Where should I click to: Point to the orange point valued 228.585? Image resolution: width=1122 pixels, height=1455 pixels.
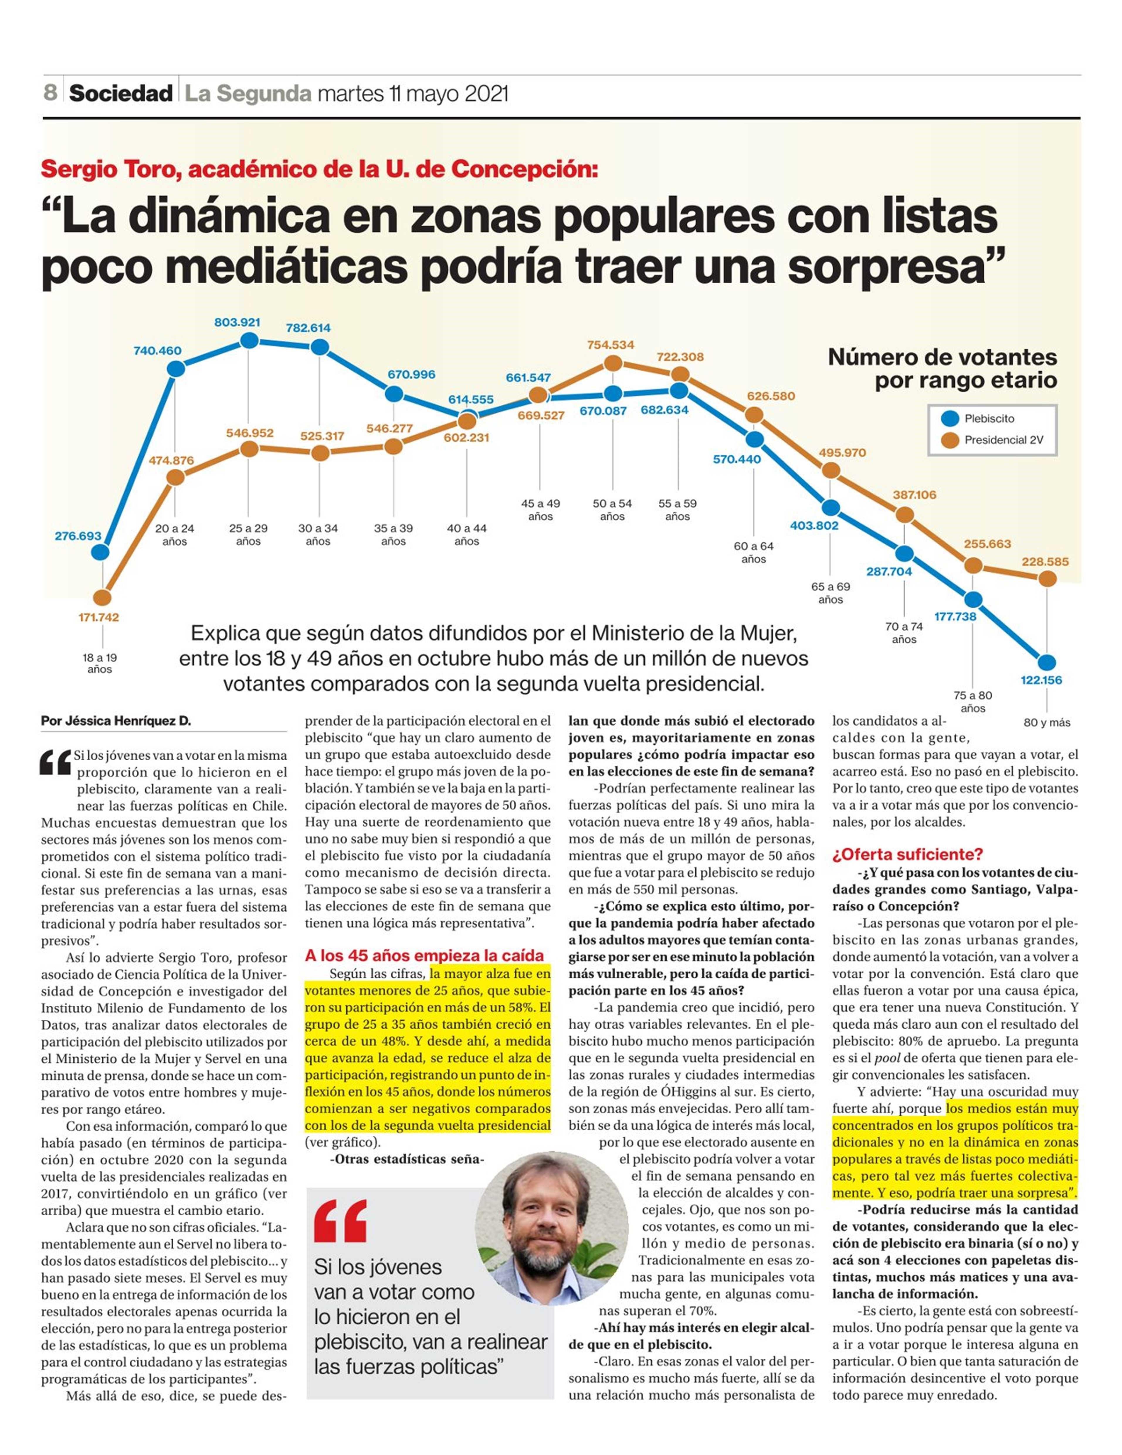pyautogui.click(x=1048, y=579)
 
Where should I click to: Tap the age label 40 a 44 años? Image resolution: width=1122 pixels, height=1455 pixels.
pyautogui.click(x=467, y=534)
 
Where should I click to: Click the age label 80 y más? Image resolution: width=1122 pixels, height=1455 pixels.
pyautogui.click(x=1047, y=723)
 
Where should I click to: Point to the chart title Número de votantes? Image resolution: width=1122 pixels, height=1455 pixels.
pyautogui.click(x=942, y=357)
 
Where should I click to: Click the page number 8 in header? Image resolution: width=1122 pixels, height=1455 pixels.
pyautogui.click(x=50, y=93)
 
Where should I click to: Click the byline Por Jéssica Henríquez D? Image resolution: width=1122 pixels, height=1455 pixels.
pyautogui.click(x=116, y=721)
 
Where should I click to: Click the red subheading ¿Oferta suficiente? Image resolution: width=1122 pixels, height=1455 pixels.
pyautogui.click(x=898, y=854)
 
